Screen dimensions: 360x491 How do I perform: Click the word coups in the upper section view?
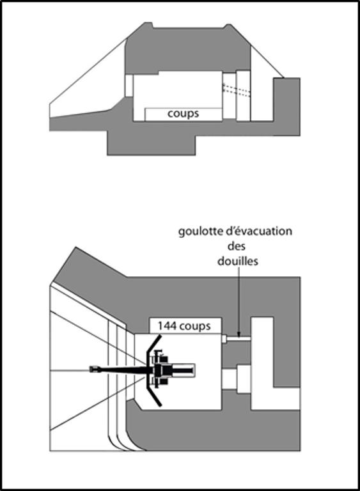click(183, 114)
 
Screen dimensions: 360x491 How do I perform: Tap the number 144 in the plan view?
click(166, 325)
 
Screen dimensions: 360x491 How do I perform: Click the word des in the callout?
click(237, 246)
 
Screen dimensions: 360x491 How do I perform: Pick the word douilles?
click(238, 261)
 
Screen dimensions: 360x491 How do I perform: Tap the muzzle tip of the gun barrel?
click(90, 369)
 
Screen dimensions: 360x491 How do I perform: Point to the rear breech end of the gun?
click(192, 370)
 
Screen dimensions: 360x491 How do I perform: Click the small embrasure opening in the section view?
click(129, 86)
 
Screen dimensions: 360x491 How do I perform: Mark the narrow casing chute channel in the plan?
click(239, 339)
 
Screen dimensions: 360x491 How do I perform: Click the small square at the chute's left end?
click(224, 339)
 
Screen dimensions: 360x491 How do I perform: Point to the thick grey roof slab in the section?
click(188, 50)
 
